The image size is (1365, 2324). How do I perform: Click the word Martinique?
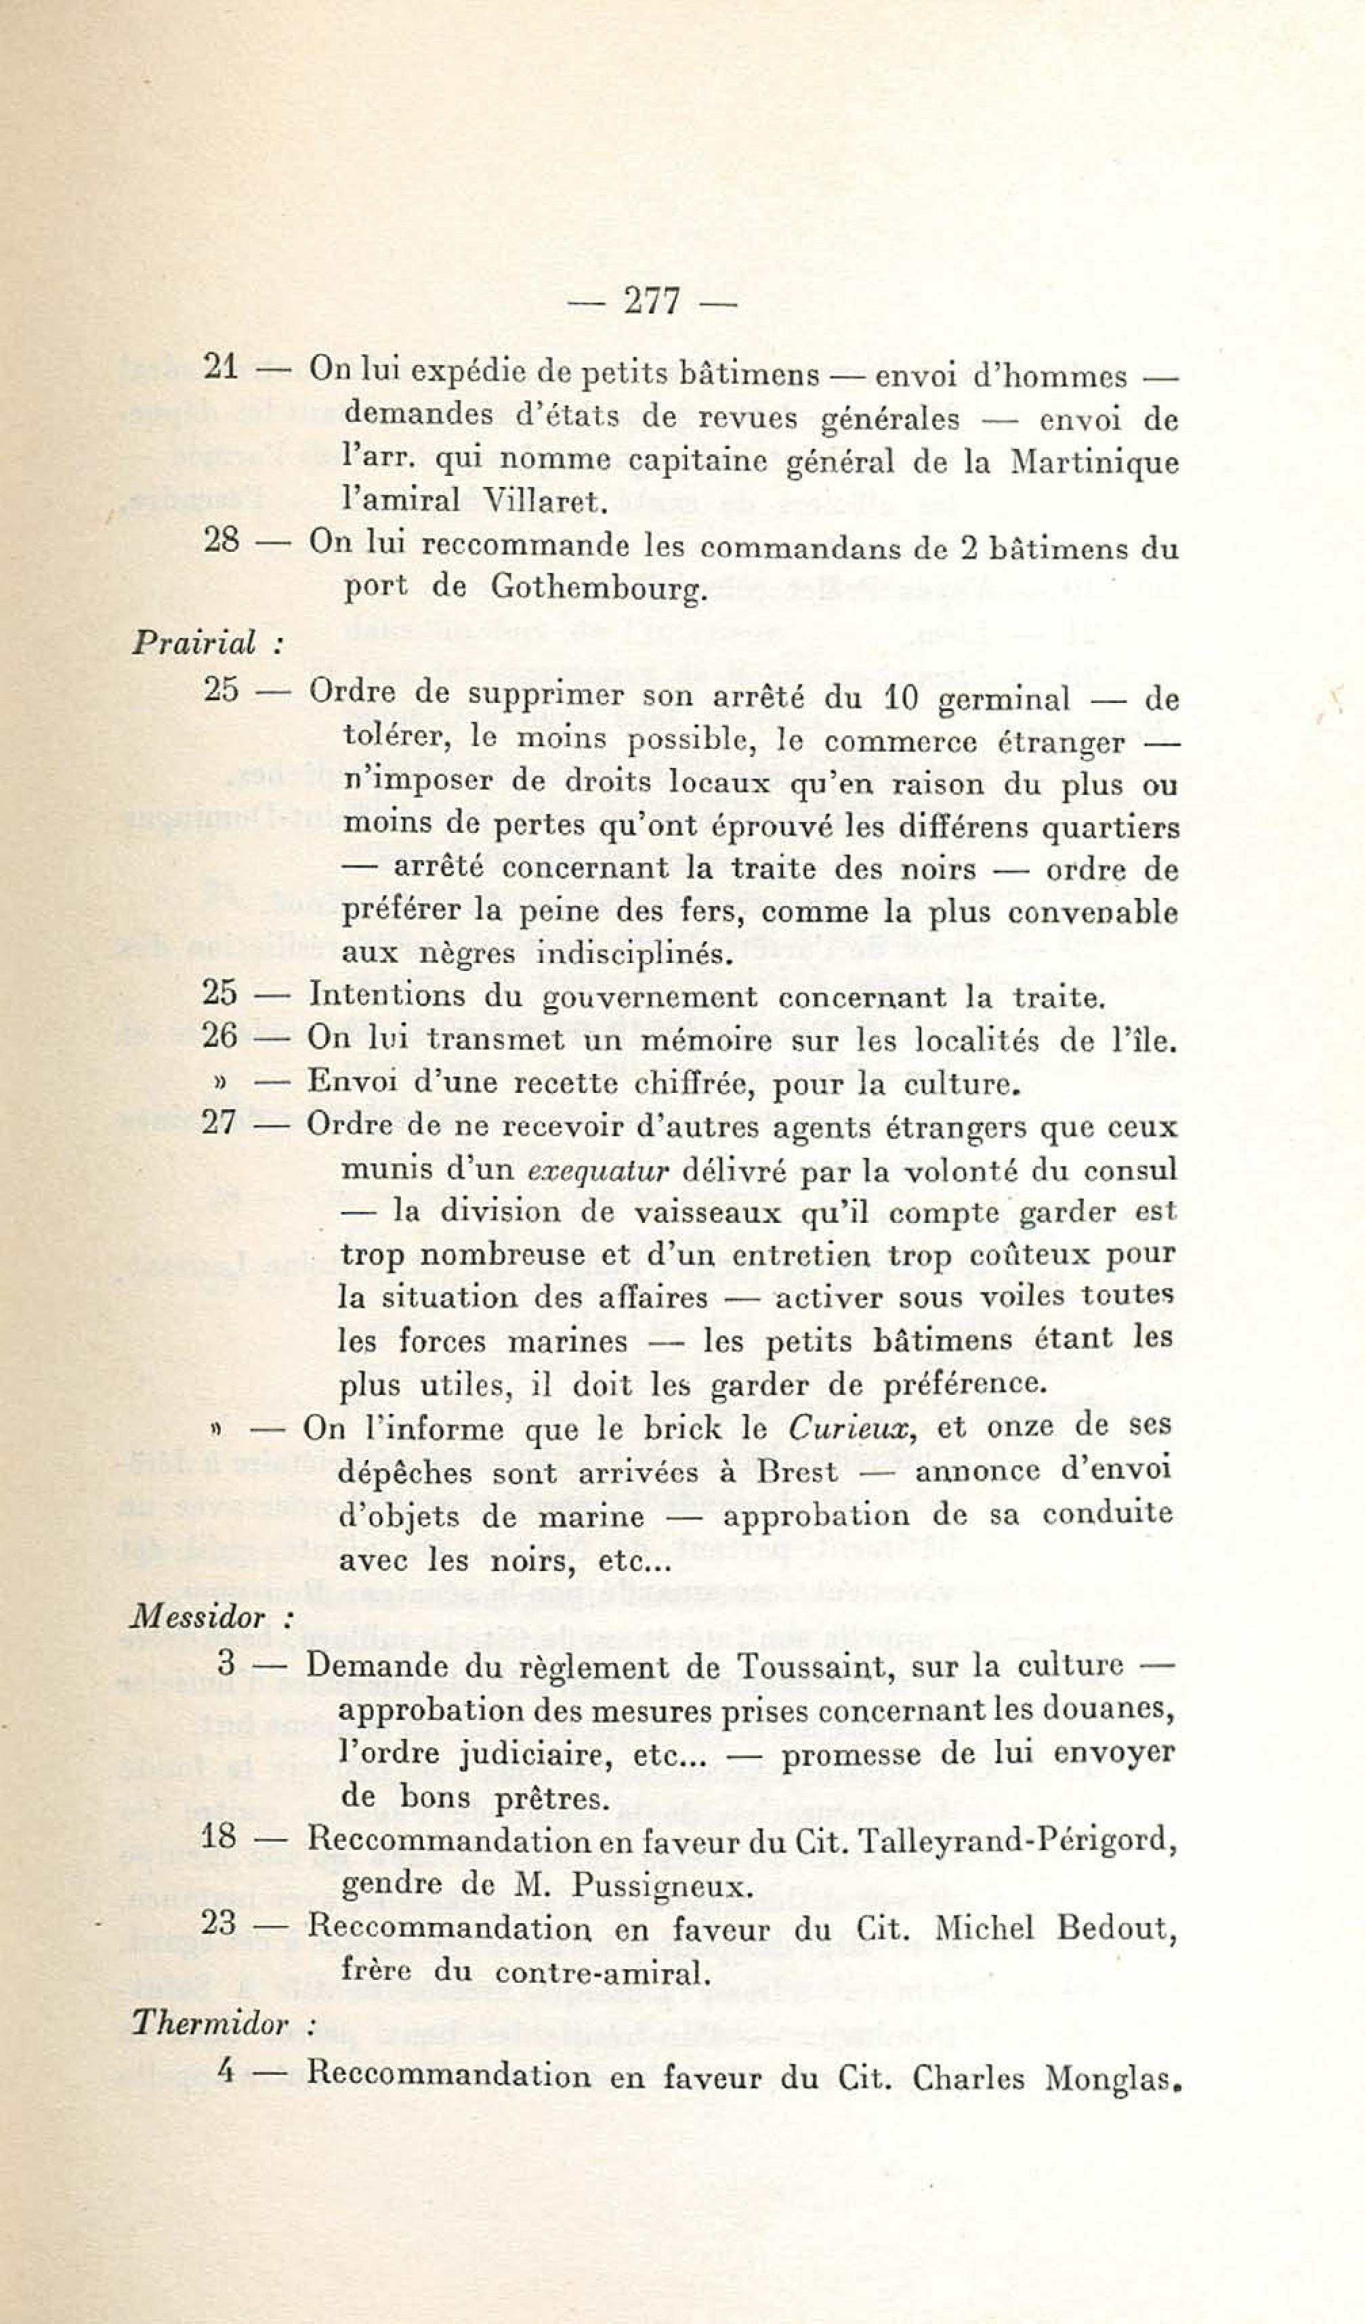[1094, 461]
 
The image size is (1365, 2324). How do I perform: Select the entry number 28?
[222, 540]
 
